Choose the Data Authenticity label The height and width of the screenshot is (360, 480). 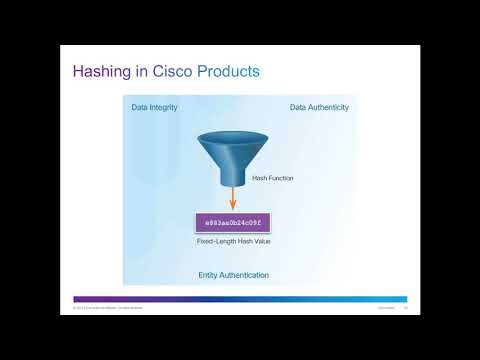pos(320,107)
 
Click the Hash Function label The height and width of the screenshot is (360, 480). pos(273,178)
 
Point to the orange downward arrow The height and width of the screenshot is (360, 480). pos(233,197)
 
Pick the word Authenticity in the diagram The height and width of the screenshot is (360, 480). pos(329,107)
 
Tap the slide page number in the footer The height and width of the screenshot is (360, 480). pos(405,308)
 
